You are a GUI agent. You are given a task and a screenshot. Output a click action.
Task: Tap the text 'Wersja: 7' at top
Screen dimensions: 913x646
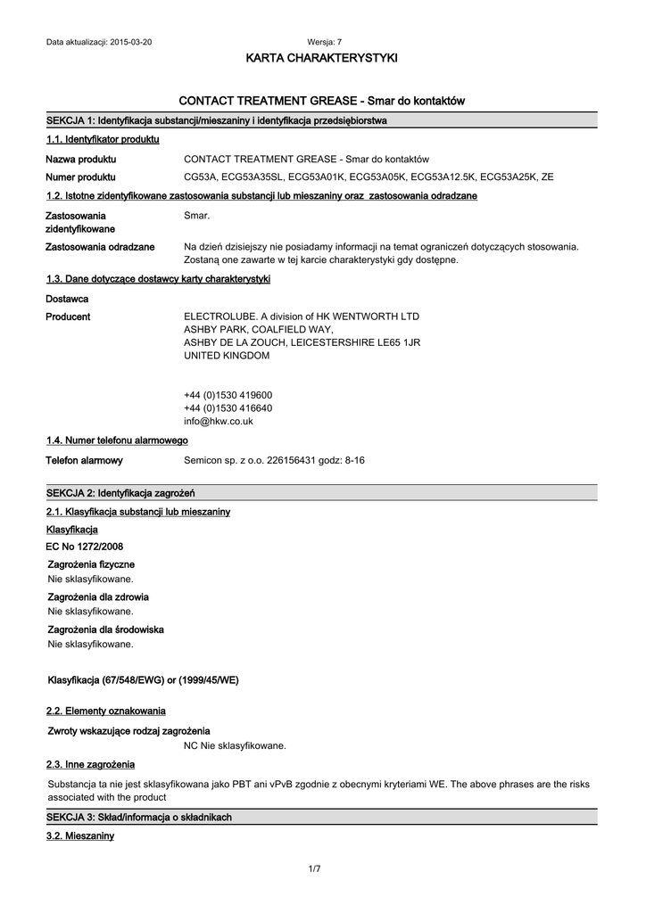click(324, 42)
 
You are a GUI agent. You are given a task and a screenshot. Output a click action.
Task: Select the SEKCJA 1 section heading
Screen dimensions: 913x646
click(216, 119)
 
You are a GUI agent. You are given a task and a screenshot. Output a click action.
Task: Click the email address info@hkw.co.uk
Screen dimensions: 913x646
click(219, 421)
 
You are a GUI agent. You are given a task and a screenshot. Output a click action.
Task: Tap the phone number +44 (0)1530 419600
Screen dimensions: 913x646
click(228, 395)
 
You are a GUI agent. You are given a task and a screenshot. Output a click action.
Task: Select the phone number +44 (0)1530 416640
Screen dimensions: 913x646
click(228, 408)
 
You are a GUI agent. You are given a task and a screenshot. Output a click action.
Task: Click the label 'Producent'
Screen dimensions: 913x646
click(68, 317)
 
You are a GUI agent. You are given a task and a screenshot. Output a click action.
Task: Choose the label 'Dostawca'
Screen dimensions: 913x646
click(67, 299)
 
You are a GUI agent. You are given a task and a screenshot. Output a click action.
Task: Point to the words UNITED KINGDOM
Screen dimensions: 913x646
click(226, 356)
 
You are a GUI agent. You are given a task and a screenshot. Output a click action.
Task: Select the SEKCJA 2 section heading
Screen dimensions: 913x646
click(120, 492)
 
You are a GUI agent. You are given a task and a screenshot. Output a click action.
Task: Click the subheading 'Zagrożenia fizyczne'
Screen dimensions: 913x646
click(91, 564)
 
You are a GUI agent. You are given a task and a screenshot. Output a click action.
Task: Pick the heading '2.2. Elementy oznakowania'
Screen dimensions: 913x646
click(105, 711)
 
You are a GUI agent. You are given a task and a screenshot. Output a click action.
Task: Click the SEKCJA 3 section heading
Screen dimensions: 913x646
click(138, 817)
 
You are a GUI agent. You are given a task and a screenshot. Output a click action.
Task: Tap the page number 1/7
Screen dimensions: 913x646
click(314, 869)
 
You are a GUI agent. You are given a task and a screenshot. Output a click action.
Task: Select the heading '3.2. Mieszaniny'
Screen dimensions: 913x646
click(79, 835)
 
